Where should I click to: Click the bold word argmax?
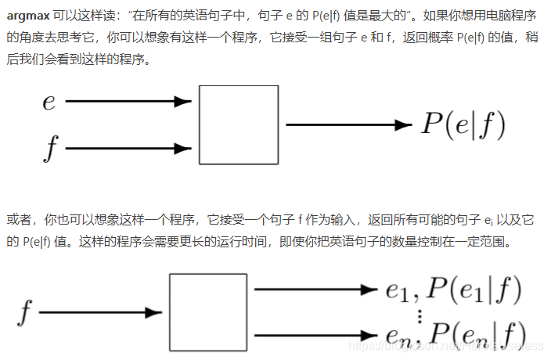click(28, 16)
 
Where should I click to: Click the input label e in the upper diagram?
click(49, 103)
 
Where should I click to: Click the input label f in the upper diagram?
click(51, 147)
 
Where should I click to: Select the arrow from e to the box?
click(129, 101)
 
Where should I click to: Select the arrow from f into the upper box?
click(129, 146)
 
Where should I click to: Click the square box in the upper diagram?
click(239, 125)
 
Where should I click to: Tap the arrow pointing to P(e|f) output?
click(348, 124)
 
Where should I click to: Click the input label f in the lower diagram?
click(26, 313)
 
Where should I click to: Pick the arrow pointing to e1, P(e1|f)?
click(316, 290)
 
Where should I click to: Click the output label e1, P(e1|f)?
click(454, 291)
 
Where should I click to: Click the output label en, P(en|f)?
click(454, 335)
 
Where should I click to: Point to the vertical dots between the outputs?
click(420, 315)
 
